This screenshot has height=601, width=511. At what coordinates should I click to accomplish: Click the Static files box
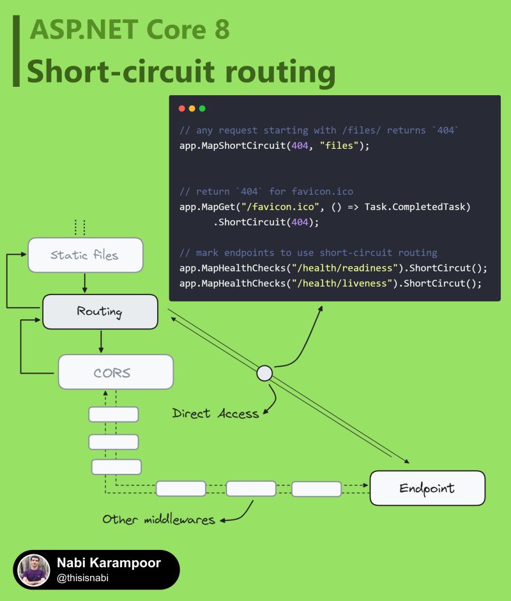click(x=86, y=255)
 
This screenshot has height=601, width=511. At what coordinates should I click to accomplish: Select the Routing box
click(x=100, y=312)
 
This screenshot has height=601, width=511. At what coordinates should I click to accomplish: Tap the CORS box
click(x=116, y=372)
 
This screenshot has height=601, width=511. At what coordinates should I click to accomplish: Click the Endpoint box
click(x=427, y=488)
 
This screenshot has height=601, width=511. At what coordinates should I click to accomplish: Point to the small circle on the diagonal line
click(x=264, y=373)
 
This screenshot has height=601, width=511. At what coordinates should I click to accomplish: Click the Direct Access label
click(x=215, y=413)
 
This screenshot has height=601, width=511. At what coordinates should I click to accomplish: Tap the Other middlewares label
click(x=158, y=519)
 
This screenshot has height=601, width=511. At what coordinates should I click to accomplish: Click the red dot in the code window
click(x=181, y=109)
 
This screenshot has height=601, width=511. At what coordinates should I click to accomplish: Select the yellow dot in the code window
click(x=192, y=109)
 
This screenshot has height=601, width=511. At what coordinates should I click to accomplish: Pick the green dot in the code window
click(x=202, y=109)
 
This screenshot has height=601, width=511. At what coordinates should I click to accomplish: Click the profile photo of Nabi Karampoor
click(x=34, y=570)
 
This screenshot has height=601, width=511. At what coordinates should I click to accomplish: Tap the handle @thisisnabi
click(x=82, y=578)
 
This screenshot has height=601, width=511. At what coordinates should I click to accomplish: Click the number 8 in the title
click(x=222, y=29)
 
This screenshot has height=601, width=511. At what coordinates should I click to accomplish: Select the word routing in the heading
click(x=280, y=72)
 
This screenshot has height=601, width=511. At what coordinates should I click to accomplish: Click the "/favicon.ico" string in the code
click(x=280, y=207)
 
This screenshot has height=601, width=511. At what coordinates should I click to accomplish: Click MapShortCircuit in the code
click(x=244, y=146)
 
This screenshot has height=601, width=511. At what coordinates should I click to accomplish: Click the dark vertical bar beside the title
click(x=16, y=51)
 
